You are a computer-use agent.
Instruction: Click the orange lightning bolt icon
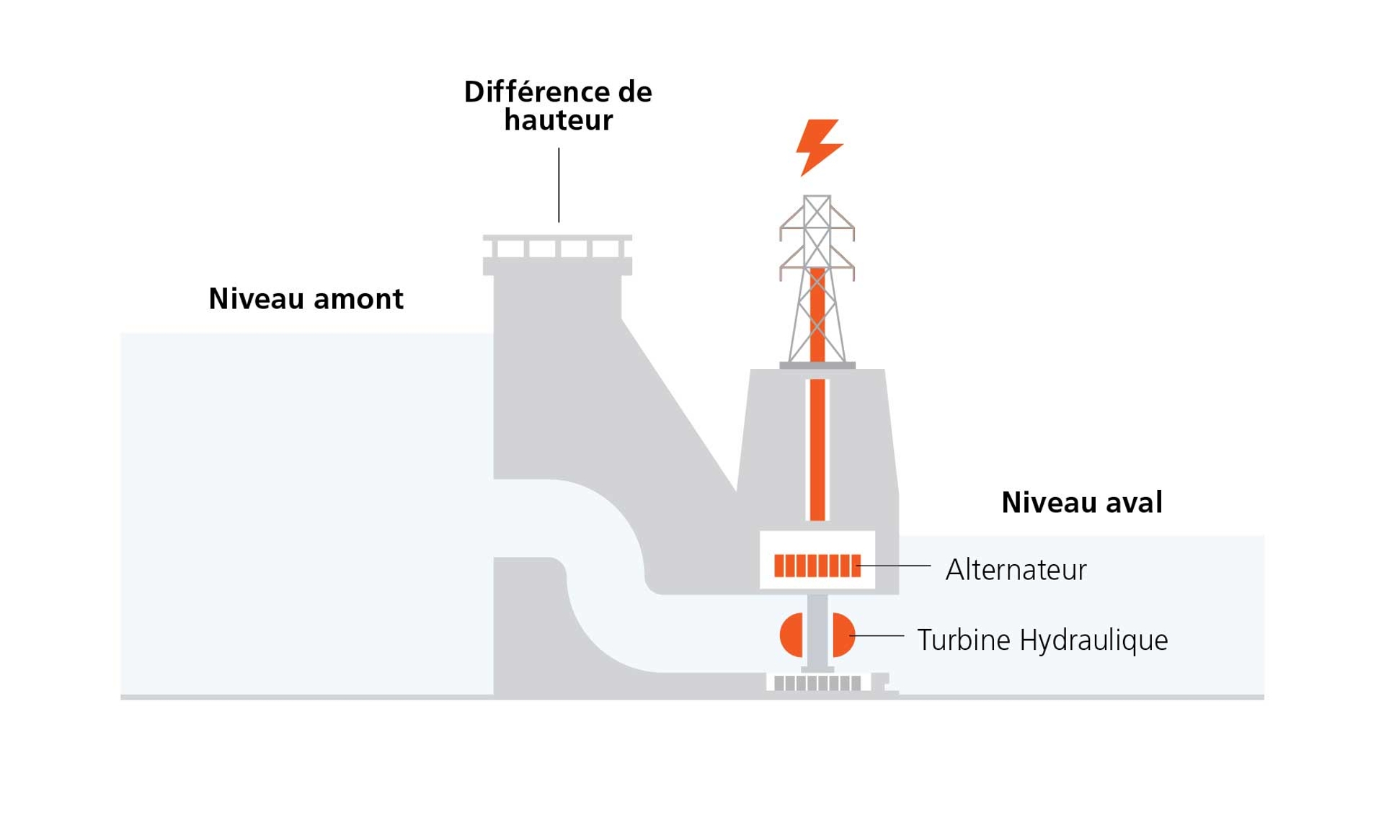(818, 146)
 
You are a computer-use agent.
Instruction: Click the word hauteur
(558, 120)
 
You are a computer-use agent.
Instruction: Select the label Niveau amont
(306, 298)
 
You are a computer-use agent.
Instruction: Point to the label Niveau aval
(1081, 502)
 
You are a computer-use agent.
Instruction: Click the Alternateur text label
(1015, 570)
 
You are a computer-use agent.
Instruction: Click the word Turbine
(963, 640)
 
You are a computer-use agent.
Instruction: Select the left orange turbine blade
(792, 635)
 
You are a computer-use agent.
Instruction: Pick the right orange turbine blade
(843, 635)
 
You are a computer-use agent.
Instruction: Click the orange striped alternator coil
(817, 566)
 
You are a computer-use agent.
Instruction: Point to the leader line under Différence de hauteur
(559, 185)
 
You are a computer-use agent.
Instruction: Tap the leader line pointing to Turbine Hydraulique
(879, 635)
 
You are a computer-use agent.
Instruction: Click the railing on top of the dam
(557, 246)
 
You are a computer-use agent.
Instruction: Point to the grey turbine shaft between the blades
(817, 634)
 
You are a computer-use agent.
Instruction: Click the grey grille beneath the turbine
(817, 683)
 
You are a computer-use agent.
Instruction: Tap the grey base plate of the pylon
(817, 366)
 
